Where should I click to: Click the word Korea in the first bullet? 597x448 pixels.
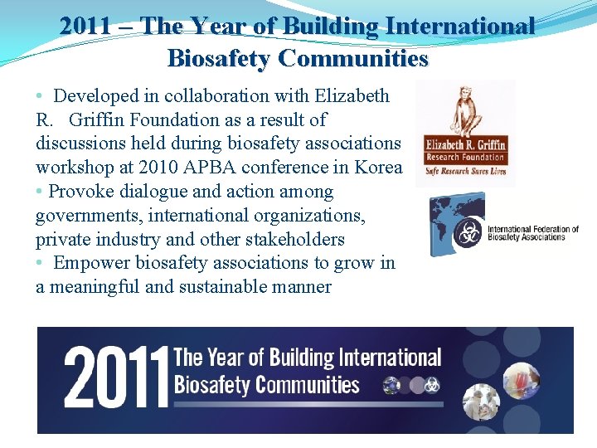[378, 168]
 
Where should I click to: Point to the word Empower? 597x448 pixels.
[92, 263]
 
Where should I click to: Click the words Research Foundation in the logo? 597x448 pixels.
[465, 158]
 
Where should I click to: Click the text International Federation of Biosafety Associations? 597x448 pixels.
[532, 233]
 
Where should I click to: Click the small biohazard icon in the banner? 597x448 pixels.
[431, 386]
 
